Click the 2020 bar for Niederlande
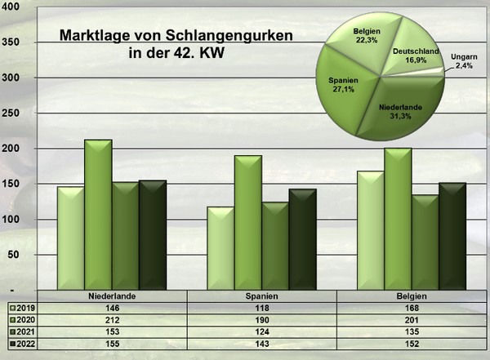tap(98, 216)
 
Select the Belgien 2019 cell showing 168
tap(416, 309)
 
